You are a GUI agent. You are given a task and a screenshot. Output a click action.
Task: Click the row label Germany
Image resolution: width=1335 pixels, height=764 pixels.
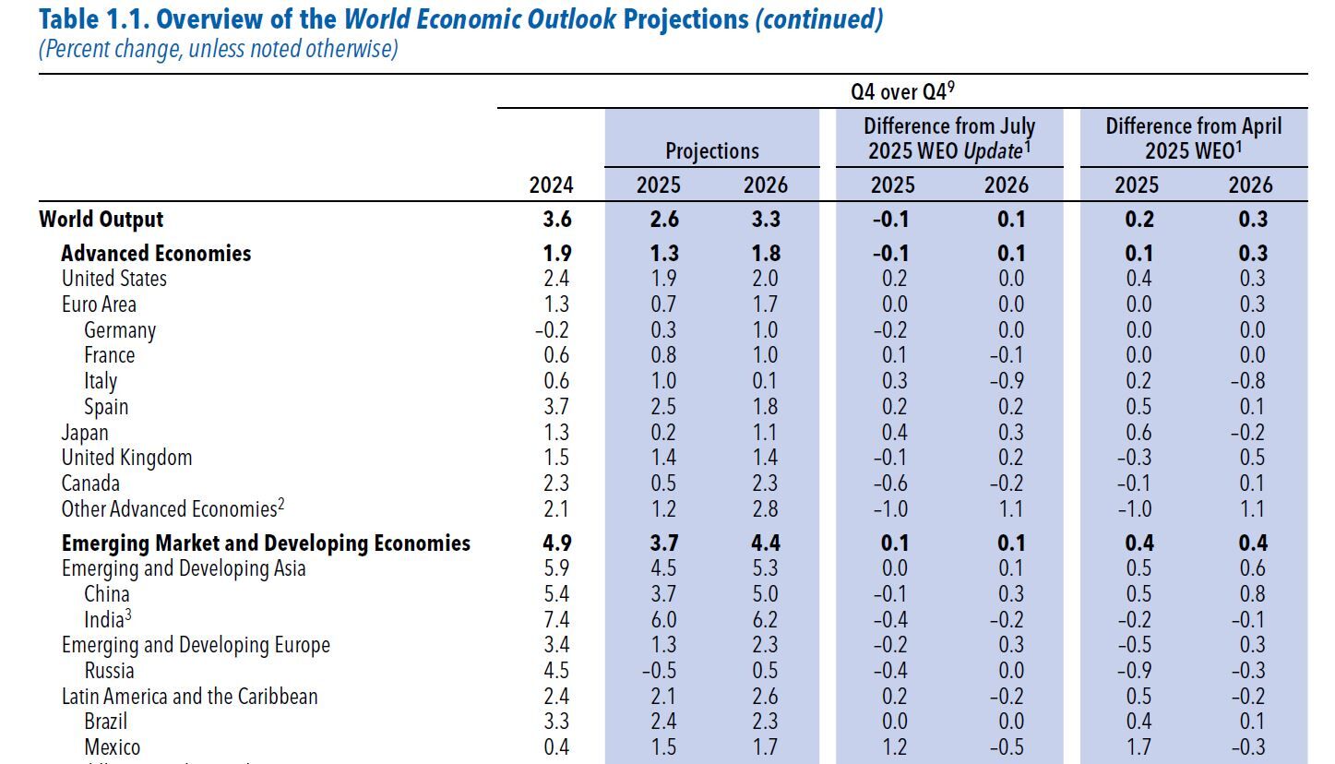coord(120,330)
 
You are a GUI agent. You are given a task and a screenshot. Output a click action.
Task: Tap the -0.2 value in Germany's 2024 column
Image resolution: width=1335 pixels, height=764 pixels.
coord(554,330)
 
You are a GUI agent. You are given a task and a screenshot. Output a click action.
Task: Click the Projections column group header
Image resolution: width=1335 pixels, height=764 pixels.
coord(712,150)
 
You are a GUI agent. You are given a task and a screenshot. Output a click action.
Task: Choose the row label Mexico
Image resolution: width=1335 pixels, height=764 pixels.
coord(113,747)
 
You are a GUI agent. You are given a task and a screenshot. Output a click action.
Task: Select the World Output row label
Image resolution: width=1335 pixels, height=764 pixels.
coord(101,220)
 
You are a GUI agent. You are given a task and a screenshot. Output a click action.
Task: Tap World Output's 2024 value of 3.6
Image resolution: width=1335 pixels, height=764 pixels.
coord(556,220)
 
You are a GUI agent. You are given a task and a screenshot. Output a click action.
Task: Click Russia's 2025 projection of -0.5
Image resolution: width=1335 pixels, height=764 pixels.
coord(657,671)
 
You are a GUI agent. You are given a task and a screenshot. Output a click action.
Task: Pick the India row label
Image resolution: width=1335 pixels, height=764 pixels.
coord(104,619)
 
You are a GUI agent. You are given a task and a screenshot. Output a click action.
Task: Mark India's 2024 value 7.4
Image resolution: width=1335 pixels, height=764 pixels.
coord(556,619)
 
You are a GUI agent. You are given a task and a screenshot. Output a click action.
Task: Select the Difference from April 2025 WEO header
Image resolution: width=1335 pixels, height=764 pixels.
coord(1194,137)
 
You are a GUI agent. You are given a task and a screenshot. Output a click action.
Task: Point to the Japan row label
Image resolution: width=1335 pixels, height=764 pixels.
coord(85,433)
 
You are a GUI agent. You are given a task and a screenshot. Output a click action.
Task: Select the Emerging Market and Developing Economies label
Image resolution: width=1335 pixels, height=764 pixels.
coord(266,543)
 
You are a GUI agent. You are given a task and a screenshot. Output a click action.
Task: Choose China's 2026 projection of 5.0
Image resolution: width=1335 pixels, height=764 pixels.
coord(766,594)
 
